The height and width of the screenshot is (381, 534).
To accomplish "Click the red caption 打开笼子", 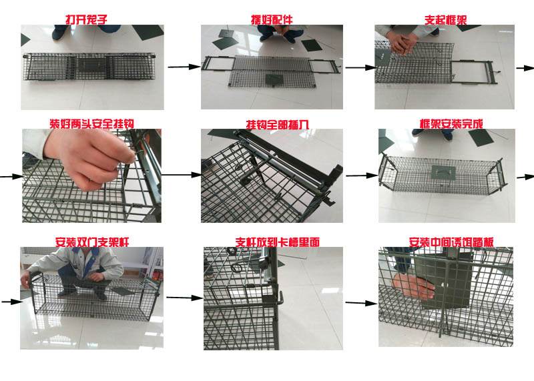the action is coord(87,19).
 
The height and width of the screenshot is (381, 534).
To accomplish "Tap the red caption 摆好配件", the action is coord(272,19).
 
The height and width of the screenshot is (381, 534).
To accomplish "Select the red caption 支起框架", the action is coord(445,20).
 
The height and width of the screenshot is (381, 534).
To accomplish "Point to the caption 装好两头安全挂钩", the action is coord(92,123).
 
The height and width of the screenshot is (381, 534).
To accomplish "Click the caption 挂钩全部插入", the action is coord(277,124).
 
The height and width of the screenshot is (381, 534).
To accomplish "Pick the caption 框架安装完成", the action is coord(451,123).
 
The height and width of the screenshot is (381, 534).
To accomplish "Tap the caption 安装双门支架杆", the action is coord(92,242).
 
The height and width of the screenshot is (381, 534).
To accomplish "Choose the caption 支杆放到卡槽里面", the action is coord(277,242).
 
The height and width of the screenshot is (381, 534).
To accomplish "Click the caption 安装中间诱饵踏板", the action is coord(451,242).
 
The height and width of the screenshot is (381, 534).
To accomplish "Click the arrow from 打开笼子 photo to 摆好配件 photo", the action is coord(184,67).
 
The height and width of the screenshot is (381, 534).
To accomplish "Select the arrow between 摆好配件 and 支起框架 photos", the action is coord(361,67).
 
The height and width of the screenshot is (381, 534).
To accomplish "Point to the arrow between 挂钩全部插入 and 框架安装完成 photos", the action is coord(361,175).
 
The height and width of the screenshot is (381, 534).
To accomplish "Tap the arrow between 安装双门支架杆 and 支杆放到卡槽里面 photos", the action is coord(184,298).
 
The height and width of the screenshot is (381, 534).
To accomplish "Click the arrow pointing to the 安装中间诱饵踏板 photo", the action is coord(361,303).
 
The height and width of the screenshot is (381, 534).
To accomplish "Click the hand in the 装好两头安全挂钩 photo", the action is coord(90,157).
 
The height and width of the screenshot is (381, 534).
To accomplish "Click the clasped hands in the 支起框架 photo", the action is coord(404,42).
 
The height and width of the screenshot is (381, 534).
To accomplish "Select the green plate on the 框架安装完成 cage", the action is coord(443,173).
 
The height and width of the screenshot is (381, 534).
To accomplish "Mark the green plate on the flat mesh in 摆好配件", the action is coord(274,80).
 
